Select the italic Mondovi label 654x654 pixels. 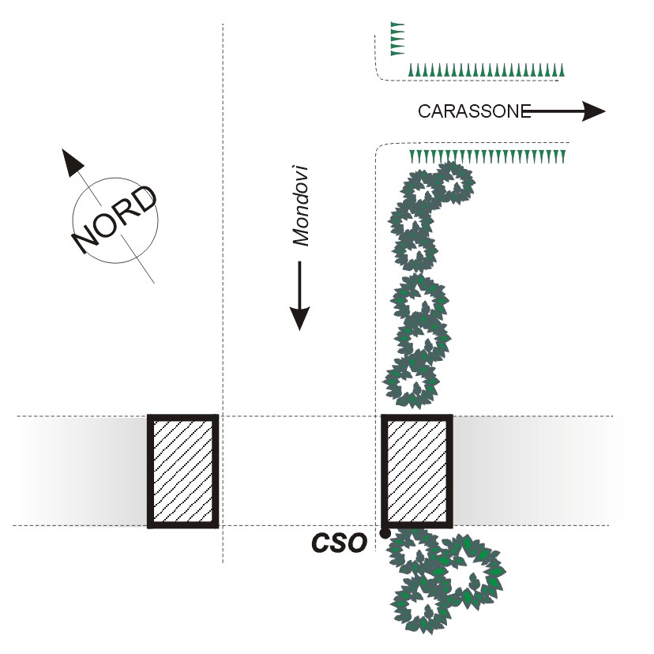[299, 205]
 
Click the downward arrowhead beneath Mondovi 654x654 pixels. [299, 318]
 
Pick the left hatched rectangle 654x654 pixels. [182, 471]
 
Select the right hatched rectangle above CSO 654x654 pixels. [417, 471]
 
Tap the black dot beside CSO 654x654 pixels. [385, 534]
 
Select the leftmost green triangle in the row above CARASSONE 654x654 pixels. [412, 71]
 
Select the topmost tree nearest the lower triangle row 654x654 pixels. [451, 183]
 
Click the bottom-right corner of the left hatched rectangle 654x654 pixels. [216, 524]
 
